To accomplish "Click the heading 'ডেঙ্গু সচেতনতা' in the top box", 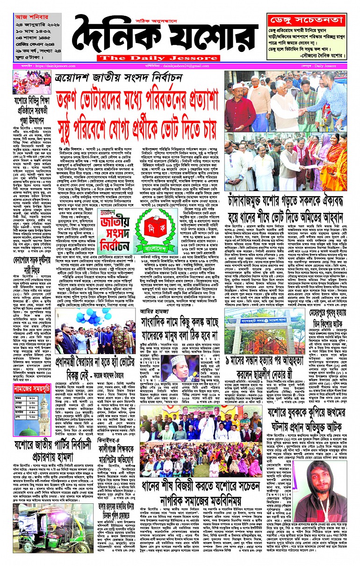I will click(x=307, y=20).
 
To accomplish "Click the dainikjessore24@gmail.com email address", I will click(x=183, y=66).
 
